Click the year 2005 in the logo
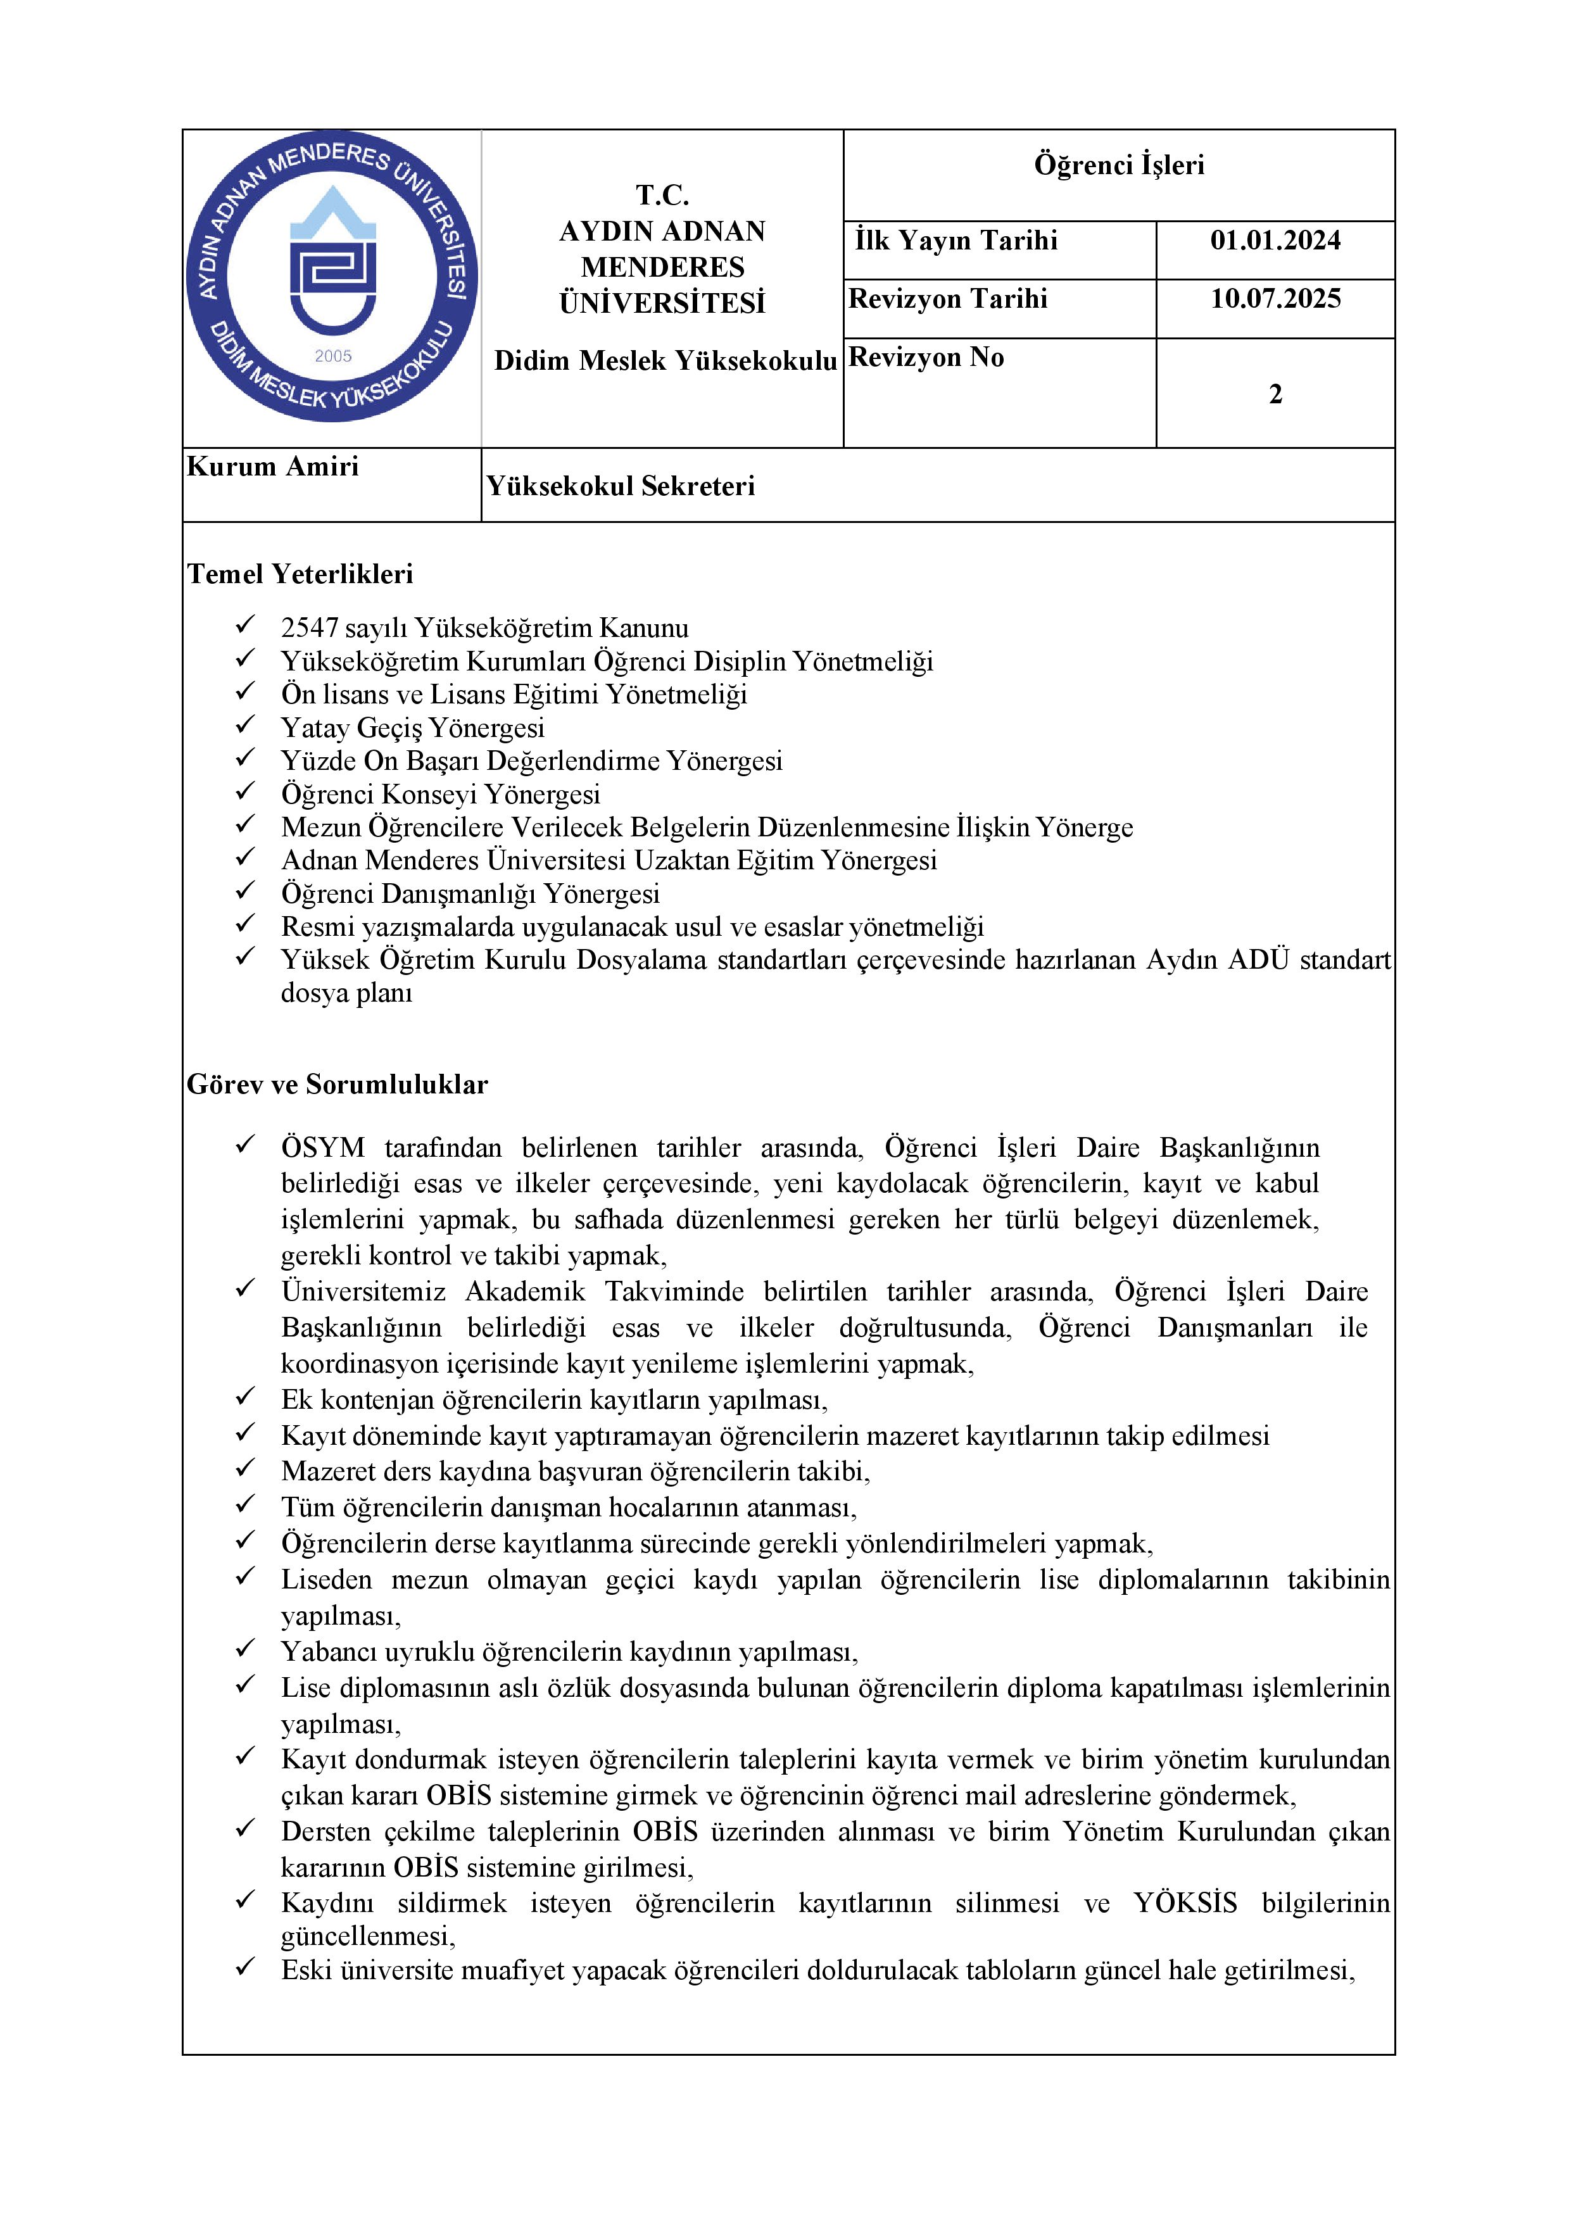[333, 356]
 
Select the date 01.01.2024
[1275, 241]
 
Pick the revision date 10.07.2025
[1275, 299]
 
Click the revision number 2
[1275, 394]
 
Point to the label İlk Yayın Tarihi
[956, 241]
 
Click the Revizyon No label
[926, 358]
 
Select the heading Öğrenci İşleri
[1120, 165]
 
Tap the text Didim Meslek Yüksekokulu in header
[665, 361]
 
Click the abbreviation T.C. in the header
[662, 196]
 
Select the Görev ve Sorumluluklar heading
[337, 1085]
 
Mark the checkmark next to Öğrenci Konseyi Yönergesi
[246, 791]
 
